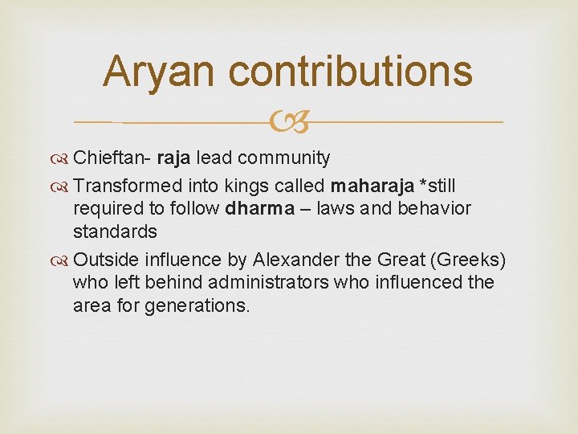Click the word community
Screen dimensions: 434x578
pos(288,158)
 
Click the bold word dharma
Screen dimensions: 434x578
pos(261,209)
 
